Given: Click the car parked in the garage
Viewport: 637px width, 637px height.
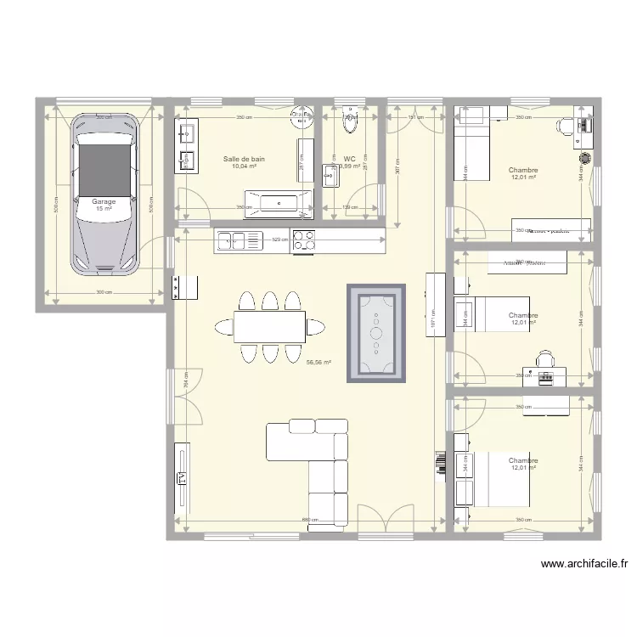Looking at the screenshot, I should click(104, 194).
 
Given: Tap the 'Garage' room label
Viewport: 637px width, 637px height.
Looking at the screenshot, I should click(104, 201).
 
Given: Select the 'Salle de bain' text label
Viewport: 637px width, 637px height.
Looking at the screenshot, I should click(244, 159).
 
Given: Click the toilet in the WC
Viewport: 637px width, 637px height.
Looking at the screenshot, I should click(350, 124).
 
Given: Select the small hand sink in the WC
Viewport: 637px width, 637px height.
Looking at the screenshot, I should click(331, 176).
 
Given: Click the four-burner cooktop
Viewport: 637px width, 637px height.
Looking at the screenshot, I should click(305, 241).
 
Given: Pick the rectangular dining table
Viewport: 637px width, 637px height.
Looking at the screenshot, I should click(270, 326).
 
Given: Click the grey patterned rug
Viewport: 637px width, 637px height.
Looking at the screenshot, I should click(375, 332).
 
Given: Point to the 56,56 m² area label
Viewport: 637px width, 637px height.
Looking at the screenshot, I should click(318, 362).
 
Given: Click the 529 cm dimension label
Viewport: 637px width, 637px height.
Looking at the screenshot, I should click(279, 240).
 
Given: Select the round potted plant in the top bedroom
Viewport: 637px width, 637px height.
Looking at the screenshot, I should click(584, 157).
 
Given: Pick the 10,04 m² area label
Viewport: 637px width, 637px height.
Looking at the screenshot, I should click(244, 166).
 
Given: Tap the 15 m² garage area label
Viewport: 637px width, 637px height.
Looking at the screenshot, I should click(104, 209).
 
